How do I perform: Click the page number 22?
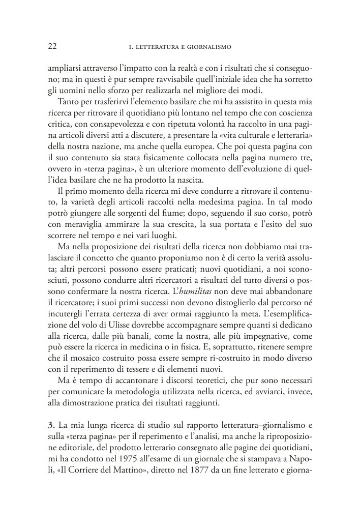pyautogui.click(x=52, y=47)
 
